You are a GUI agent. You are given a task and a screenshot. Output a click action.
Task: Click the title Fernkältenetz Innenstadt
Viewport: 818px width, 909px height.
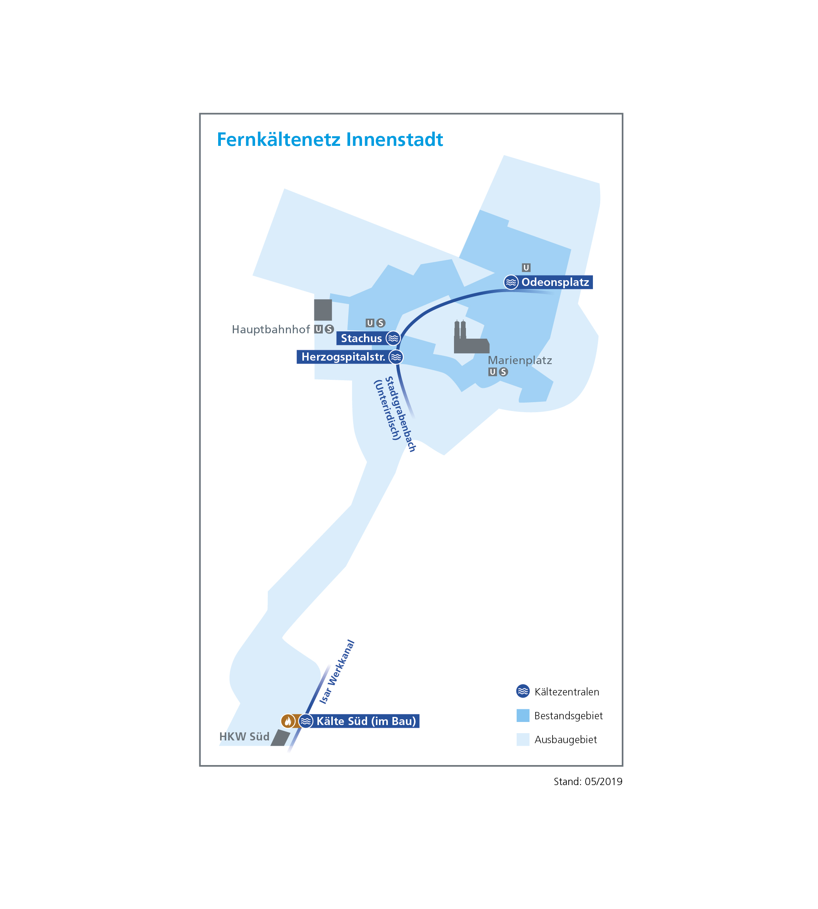[x=329, y=139]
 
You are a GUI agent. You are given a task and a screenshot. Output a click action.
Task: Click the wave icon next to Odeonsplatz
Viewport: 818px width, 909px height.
[x=511, y=282]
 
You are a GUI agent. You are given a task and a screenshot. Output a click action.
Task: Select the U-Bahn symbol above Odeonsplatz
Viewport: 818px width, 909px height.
[x=526, y=267]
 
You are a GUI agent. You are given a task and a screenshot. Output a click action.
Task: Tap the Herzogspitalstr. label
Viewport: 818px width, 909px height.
[x=343, y=357]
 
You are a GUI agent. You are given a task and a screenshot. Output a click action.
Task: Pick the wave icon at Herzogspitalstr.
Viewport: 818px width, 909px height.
[x=396, y=357]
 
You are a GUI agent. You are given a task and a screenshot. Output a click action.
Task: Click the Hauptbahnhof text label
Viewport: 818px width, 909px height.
[x=270, y=329]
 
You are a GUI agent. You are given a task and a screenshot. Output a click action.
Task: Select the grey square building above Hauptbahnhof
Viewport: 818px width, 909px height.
[x=323, y=310]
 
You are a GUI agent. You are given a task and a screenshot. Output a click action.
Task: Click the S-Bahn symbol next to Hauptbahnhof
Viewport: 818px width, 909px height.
[x=329, y=329]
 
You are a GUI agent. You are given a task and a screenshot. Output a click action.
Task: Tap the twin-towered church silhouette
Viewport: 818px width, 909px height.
[x=471, y=337]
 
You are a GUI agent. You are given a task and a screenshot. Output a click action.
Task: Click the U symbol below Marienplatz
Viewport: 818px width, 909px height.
[x=492, y=372]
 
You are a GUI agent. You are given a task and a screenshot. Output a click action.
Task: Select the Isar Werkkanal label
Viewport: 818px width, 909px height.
[x=337, y=672]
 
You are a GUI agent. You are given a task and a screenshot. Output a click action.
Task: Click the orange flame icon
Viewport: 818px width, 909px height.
[x=288, y=721]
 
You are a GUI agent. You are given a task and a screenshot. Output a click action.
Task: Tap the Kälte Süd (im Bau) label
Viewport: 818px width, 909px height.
[x=366, y=721]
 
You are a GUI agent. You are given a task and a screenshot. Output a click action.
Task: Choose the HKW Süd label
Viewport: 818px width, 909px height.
[x=244, y=736]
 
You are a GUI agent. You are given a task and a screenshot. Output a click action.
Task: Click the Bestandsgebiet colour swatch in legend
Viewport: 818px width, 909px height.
[x=523, y=716]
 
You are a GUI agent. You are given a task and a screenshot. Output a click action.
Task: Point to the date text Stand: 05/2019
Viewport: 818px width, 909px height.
[x=588, y=781]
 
